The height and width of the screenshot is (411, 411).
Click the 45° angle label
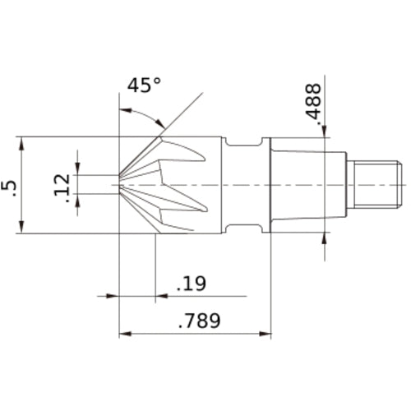click(x=144, y=85)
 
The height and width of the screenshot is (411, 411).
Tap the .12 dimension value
click(x=60, y=185)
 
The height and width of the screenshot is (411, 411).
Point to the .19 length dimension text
click(x=191, y=284)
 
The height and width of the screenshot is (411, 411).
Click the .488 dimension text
click(x=313, y=104)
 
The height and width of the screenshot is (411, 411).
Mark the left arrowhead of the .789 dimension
click(x=126, y=335)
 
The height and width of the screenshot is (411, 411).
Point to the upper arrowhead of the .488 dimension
click(x=326, y=132)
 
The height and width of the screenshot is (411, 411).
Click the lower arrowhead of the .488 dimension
click(x=326, y=238)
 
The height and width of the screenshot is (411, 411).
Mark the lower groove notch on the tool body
click(x=242, y=226)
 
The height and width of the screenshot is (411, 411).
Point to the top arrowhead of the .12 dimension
click(x=78, y=169)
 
